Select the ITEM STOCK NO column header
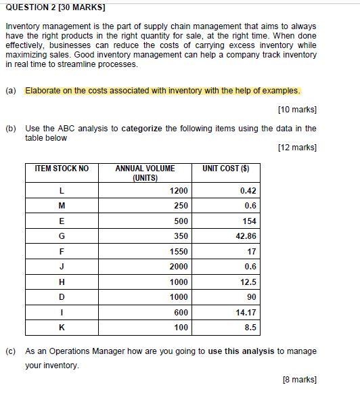(62, 169)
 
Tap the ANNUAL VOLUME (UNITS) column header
(145, 173)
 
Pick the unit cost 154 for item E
(249, 221)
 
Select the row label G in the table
(62, 236)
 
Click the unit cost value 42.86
(245, 236)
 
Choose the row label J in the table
(62, 267)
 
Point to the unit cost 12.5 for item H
(248, 282)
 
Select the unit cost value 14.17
(245, 313)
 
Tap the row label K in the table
(62, 328)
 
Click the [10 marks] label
(297, 110)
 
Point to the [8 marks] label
(299, 380)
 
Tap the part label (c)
(10, 351)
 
